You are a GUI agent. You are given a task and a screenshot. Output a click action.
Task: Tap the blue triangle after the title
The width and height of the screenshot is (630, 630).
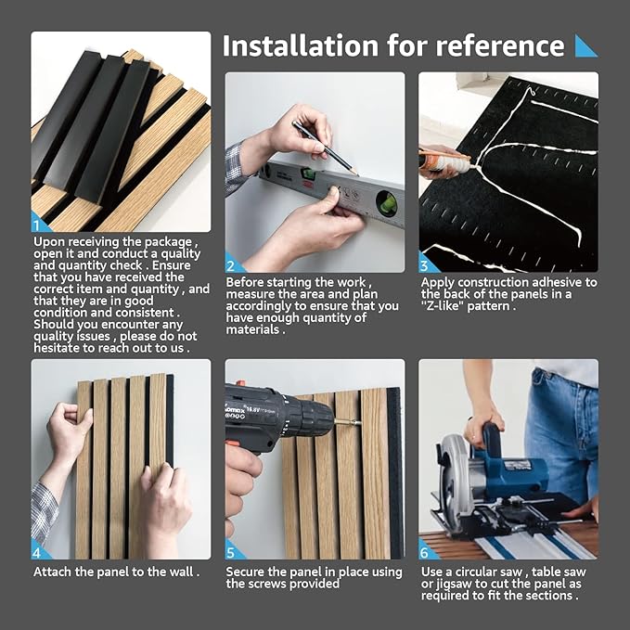(585, 45)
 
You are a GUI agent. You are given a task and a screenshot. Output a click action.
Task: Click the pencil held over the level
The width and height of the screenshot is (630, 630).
(324, 146)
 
